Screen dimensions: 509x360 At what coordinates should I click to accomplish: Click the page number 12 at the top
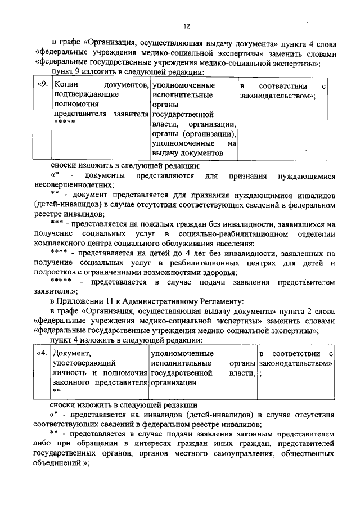coord(186,26)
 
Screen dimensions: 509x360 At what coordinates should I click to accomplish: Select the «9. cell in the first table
coord(41,86)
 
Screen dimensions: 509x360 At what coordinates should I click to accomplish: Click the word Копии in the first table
coord(65,86)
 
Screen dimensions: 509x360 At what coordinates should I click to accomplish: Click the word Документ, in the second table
coord(71,354)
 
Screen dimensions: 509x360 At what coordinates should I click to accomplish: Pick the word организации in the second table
coord(174,382)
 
